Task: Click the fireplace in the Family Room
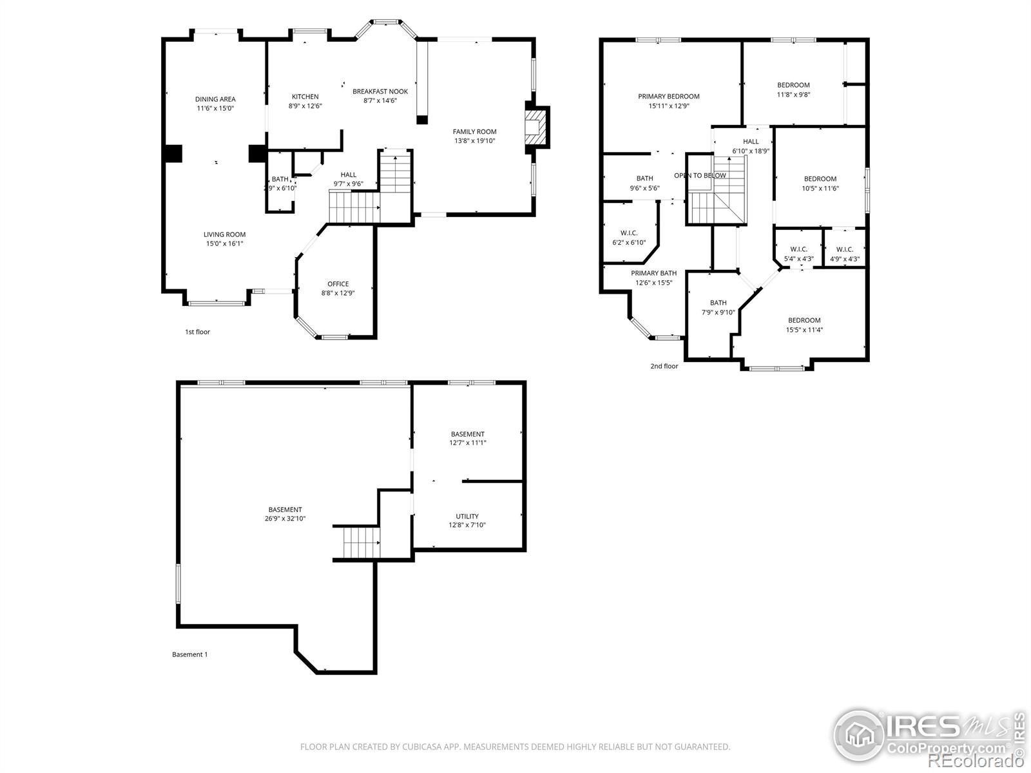point(535,127)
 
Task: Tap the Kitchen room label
point(305,96)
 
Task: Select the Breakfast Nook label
point(380,91)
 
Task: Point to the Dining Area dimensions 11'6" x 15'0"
point(215,108)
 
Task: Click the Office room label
point(338,284)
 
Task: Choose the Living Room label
point(224,234)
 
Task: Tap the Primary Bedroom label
point(668,96)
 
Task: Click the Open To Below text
point(700,175)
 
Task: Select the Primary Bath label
point(653,273)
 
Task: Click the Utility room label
point(467,516)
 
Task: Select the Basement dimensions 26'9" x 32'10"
point(285,519)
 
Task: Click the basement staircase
point(361,542)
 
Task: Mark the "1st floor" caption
point(197,332)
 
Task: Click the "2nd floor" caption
point(664,366)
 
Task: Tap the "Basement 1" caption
point(189,654)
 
